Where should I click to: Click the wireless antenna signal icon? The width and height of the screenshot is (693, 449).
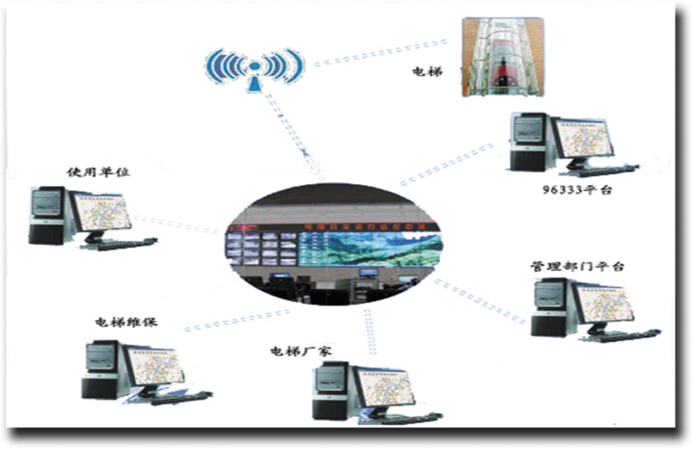pyautogui.click(x=253, y=67)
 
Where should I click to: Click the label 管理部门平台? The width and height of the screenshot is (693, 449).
pyautogui.click(x=577, y=266)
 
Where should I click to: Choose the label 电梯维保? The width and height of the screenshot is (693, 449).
pyautogui.click(x=126, y=322)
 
